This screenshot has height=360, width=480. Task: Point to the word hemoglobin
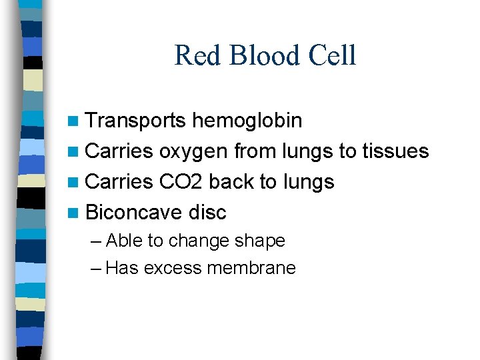pyautogui.click(x=247, y=121)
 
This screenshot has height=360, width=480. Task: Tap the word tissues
pyautogui.click(x=395, y=151)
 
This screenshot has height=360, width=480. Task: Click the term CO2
pyautogui.click(x=183, y=182)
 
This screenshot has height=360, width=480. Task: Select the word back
pyautogui.click(x=235, y=182)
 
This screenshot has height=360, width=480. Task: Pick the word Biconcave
pyautogui.click(x=134, y=213)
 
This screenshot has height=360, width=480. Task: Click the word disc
pyautogui.click(x=207, y=213)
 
